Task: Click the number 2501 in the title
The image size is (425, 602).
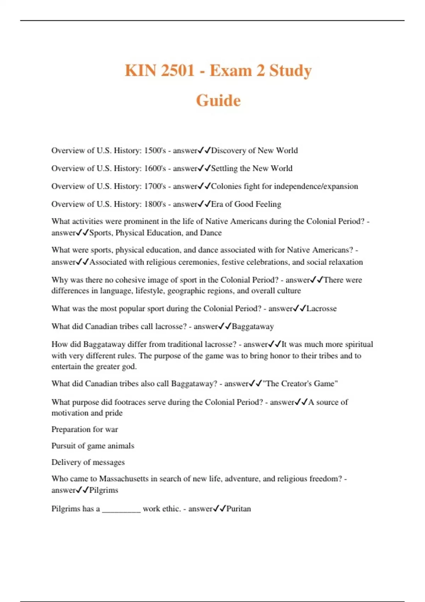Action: pyautogui.click(x=177, y=70)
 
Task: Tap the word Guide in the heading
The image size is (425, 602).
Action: pyautogui.click(x=218, y=101)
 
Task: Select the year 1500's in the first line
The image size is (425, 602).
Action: pyautogui.click(x=155, y=150)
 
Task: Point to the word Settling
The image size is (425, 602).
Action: pyautogui.click(x=224, y=168)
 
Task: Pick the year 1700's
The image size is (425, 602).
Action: pyautogui.click(x=155, y=186)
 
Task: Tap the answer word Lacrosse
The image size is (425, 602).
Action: pyautogui.click(x=322, y=308)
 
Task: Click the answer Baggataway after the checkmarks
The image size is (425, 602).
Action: pyautogui.click(x=253, y=326)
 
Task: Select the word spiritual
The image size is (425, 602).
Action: pyautogui.click(x=359, y=344)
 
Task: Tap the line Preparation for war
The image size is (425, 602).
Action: pyautogui.click(x=85, y=430)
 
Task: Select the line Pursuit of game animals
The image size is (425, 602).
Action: pyautogui.click(x=93, y=446)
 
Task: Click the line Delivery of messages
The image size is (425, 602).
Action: pyautogui.click(x=88, y=462)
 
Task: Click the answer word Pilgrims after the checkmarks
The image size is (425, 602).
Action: pyautogui.click(x=103, y=490)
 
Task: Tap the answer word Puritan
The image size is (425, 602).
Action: pyautogui.click(x=238, y=509)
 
